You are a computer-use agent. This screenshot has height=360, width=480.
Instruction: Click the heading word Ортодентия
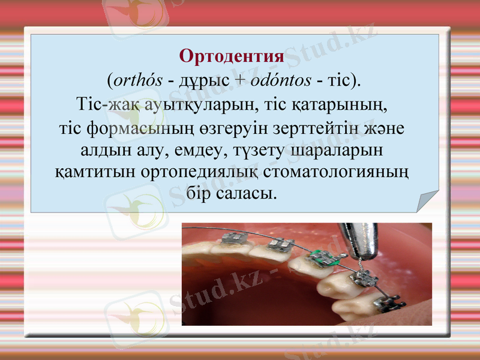pyautogui.click(x=232, y=57)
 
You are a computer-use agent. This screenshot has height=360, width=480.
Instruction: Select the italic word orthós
pyautogui.click(x=137, y=80)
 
